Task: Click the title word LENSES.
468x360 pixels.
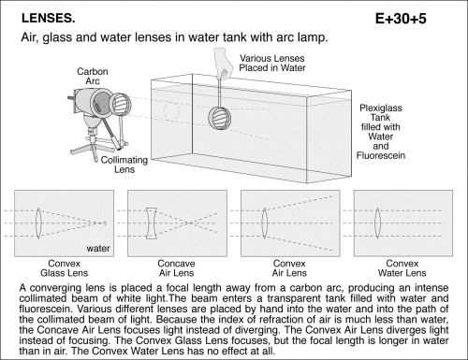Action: tap(49, 19)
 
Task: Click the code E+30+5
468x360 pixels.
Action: tap(401, 19)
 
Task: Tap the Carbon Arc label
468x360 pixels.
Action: tap(93, 76)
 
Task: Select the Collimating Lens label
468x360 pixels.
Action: tap(124, 165)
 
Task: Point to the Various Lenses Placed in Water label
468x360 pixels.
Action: tap(272, 63)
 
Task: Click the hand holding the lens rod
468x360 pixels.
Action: tap(224, 63)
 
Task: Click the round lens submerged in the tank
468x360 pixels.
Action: tap(220, 118)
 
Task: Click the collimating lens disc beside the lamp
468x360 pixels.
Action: tap(121, 104)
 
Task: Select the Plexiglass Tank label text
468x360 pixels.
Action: tap(381, 132)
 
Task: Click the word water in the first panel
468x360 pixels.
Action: tap(98, 249)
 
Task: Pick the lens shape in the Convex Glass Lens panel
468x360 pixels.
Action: tap(38, 223)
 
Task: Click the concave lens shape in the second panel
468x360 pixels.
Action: tap(152, 223)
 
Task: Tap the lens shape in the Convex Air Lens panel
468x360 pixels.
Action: tap(265, 223)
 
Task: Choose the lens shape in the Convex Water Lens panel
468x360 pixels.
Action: tap(377, 223)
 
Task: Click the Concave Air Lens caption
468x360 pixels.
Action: tap(176, 268)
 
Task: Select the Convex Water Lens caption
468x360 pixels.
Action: tap(402, 268)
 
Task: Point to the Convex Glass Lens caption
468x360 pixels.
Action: tap(65, 268)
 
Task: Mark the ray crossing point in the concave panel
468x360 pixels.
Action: tap(190, 223)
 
